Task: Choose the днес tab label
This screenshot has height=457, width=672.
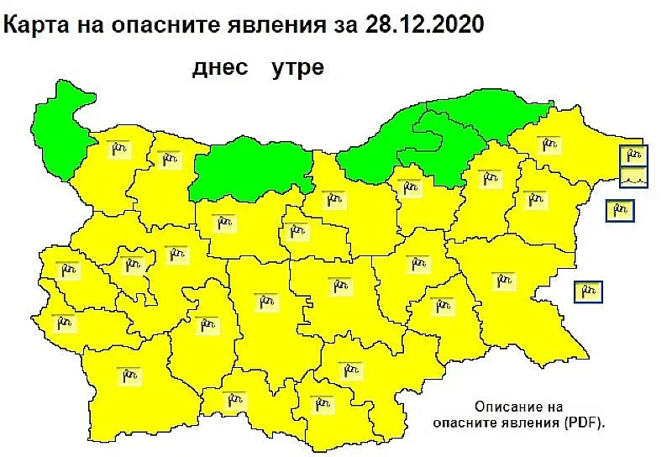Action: pos(220,68)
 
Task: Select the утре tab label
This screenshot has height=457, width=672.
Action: pos(297,68)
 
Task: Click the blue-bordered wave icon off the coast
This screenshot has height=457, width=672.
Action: pos(635,177)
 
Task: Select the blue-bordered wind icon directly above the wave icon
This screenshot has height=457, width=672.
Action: pos(635,155)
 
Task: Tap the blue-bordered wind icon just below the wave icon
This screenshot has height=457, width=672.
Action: pos(621,210)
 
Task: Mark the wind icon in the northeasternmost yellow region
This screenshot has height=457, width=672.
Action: pos(549,145)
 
